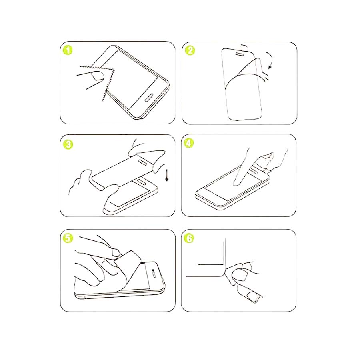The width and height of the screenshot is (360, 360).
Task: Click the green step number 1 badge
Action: (68, 50)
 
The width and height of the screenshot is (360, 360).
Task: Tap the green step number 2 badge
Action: (190, 50)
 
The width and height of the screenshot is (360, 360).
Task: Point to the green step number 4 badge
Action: (189, 143)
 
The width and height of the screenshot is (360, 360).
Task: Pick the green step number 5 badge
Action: (68, 238)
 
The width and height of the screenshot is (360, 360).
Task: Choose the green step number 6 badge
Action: (189, 238)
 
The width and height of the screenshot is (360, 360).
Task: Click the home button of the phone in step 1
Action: (150, 97)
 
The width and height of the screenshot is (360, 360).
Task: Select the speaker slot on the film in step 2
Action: (240, 54)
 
